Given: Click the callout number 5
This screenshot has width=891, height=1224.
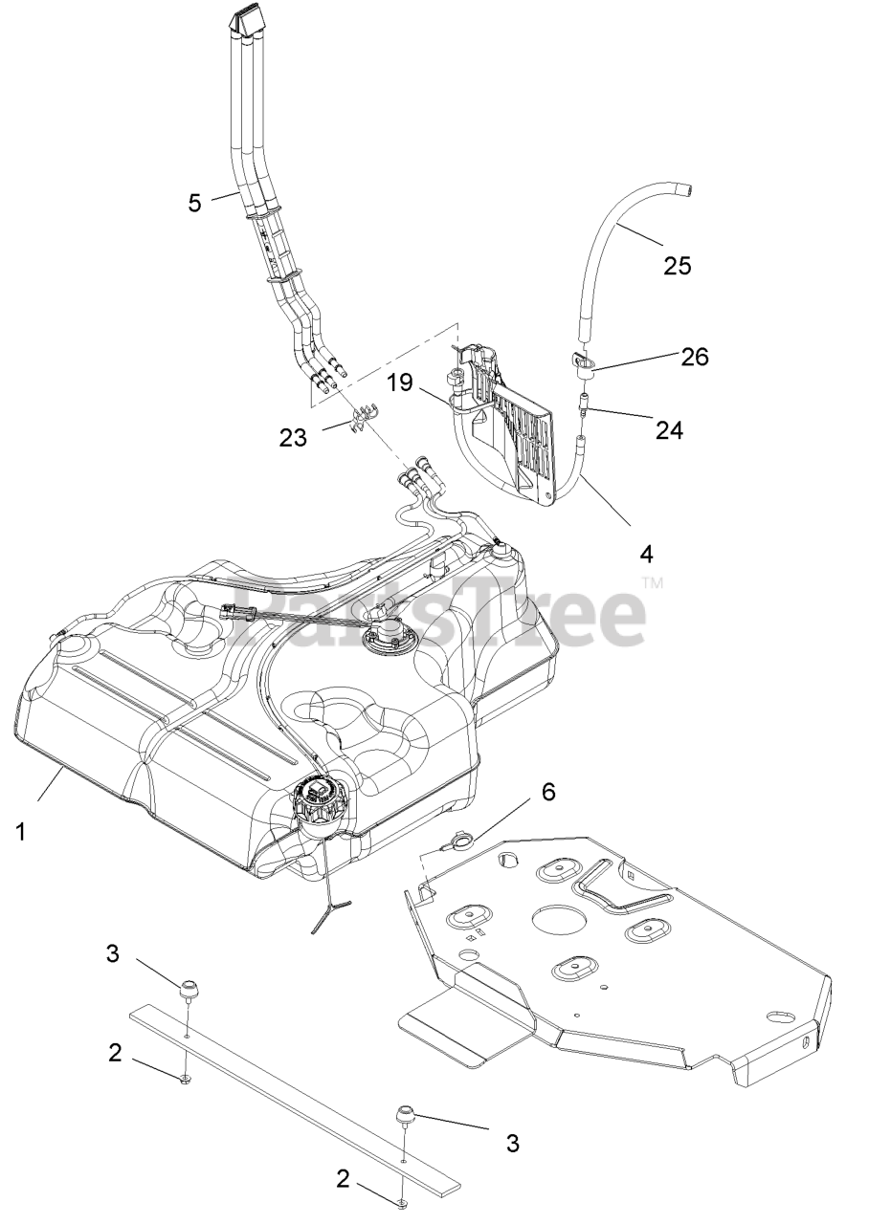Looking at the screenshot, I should (x=195, y=203).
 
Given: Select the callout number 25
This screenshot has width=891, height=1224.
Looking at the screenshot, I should (x=677, y=266).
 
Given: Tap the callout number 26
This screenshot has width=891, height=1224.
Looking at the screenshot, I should (x=695, y=357).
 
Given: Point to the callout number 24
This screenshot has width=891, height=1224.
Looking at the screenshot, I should (x=669, y=431).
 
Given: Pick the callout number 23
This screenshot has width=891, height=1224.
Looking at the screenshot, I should (x=293, y=437).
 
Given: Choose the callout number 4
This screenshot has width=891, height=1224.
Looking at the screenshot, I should (x=647, y=554).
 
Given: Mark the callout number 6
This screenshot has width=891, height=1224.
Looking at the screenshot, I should (x=547, y=792).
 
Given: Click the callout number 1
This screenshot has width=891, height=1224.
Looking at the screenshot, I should (x=21, y=832).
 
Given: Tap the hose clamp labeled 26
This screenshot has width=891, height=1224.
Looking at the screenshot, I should (x=581, y=361).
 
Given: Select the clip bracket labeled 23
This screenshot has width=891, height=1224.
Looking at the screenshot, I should (x=363, y=419).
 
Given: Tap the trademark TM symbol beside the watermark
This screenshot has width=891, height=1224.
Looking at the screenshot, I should (x=652, y=582).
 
